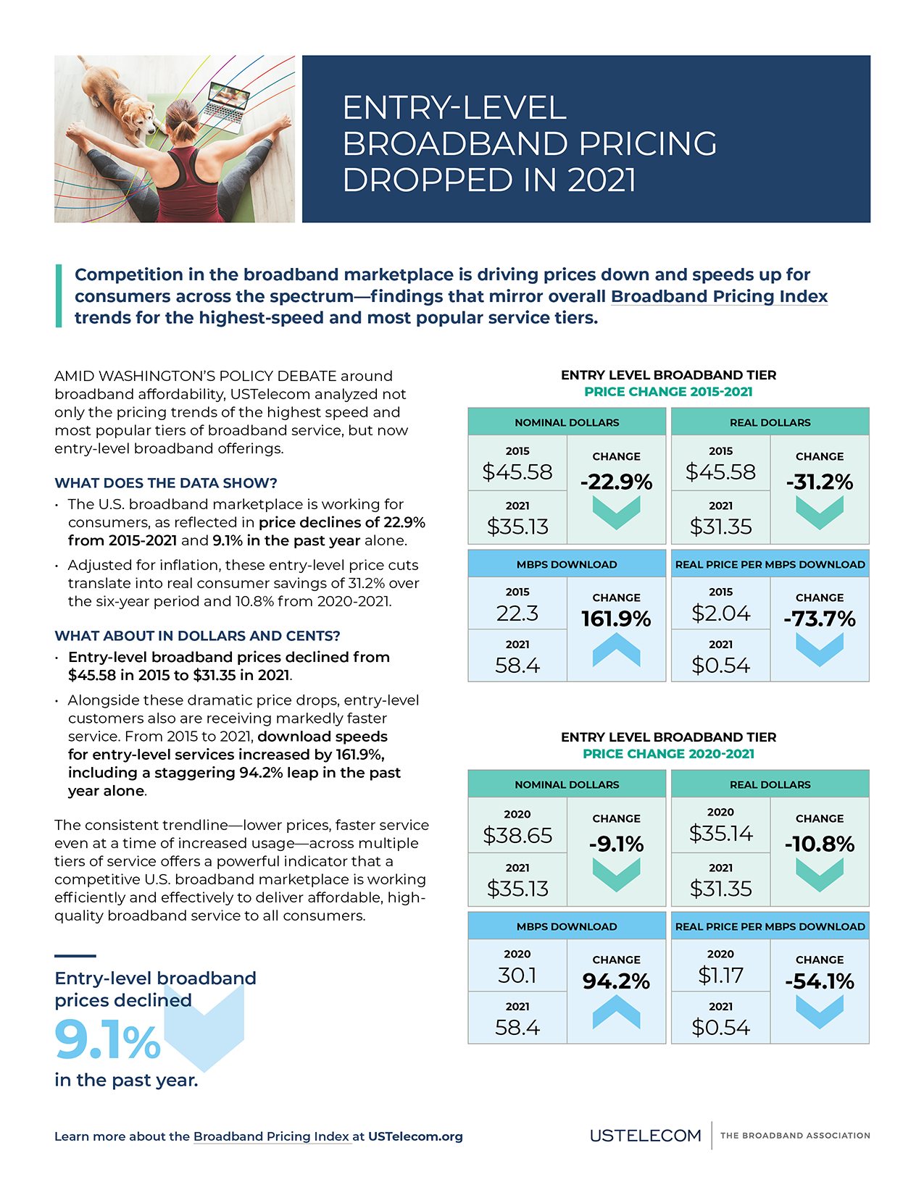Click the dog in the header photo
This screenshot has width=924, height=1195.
[x=120, y=98]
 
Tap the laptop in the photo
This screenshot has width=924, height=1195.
[x=226, y=104]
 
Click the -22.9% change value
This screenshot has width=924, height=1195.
[x=616, y=482]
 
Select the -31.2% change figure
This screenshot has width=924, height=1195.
[x=820, y=482]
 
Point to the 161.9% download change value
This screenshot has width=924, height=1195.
[x=616, y=619]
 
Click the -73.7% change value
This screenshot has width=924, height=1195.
[x=820, y=619]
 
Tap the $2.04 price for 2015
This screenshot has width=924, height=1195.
[x=720, y=613]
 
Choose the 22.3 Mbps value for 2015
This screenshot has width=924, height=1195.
[x=517, y=613]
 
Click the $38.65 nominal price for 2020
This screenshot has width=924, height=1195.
[x=517, y=835]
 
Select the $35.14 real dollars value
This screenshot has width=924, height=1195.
[x=720, y=834]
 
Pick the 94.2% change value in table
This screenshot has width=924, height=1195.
[x=616, y=981]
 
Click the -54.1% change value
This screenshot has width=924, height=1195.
[x=820, y=981]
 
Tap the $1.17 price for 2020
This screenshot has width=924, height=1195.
[x=720, y=976]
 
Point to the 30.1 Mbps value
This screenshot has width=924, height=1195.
[x=517, y=976]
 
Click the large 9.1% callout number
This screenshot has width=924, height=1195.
[x=107, y=1041]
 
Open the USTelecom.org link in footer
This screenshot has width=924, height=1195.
[x=415, y=1136]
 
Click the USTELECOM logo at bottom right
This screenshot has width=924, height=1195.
[x=645, y=1136]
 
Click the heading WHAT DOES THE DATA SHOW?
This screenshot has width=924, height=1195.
[x=166, y=483]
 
